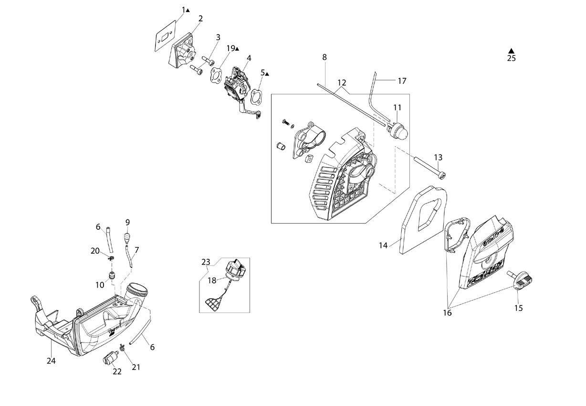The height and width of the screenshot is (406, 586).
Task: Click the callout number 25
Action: pos(511,58)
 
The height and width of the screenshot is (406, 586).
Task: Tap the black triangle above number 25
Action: pos(512,51)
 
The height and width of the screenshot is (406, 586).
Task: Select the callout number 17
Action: pos(402,81)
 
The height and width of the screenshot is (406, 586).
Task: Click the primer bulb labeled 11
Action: pos(397,131)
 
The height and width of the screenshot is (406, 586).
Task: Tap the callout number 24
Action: pos(51,361)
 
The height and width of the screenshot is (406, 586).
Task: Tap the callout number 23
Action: pos(206,262)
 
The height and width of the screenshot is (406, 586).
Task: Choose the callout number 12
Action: pos(342,83)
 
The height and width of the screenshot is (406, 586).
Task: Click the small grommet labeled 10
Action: pos(113,276)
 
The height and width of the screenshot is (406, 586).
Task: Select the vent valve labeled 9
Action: pos(127,238)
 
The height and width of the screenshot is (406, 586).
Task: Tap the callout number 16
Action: pos(447,313)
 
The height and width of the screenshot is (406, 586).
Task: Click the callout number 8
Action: pos(324,57)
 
